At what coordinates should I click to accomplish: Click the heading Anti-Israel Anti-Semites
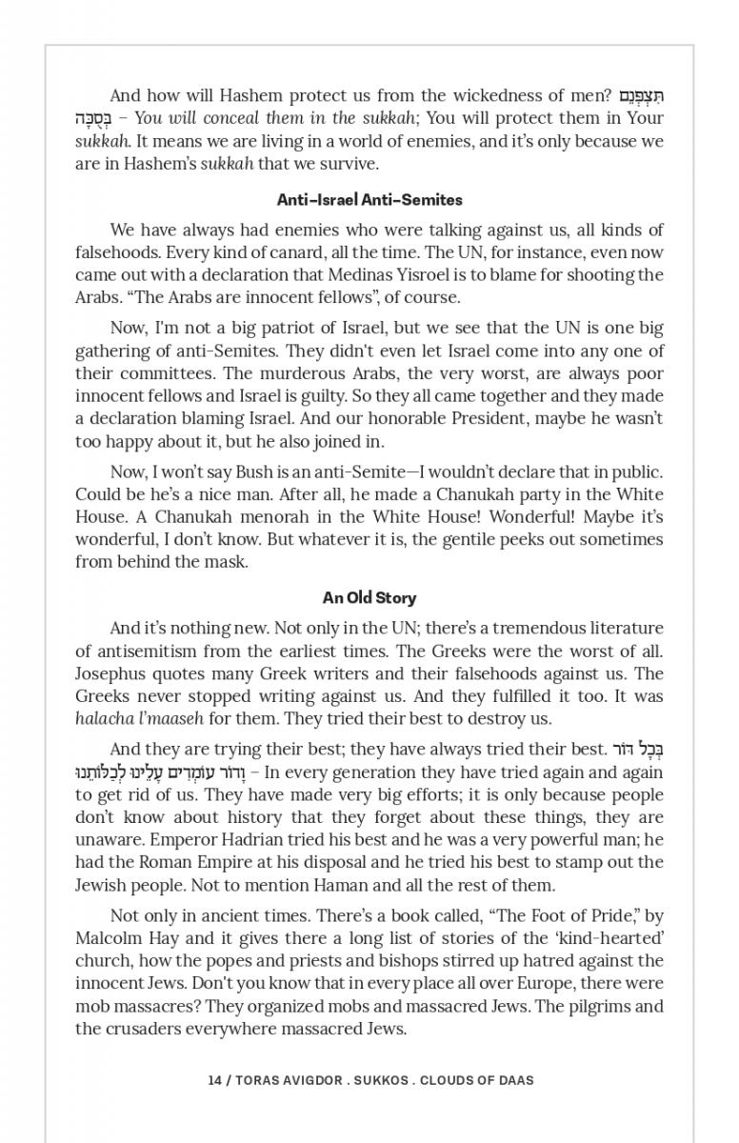click(369, 200)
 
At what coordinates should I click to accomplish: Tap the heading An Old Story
click(369, 598)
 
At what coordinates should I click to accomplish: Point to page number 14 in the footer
click(214, 1080)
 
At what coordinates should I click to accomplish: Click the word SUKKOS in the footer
click(379, 1080)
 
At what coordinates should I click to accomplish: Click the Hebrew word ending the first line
click(641, 96)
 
